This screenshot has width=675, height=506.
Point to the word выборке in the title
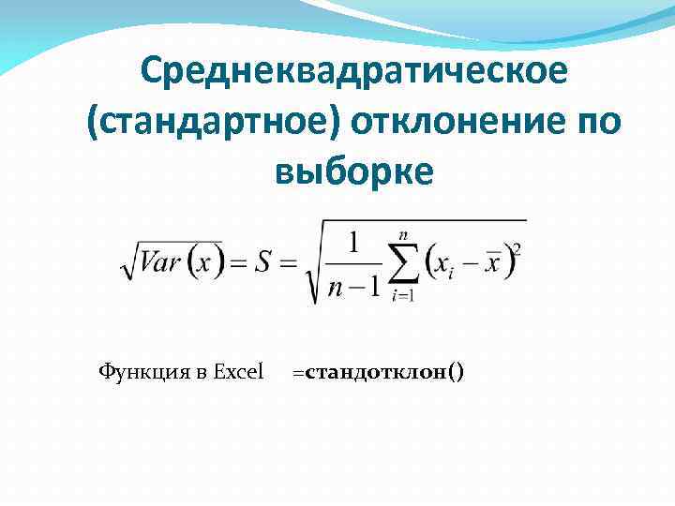pyautogui.click(x=355, y=172)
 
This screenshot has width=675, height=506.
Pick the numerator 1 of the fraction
pyautogui.click(x=353, y=243)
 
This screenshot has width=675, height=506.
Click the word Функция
pyautogui.click(x=141, y=372)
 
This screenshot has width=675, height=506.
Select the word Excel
pyautogui.click(x=239, y=372)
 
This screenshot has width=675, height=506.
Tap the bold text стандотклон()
pyautogui.click(x=383, y=372)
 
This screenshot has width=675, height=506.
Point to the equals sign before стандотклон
pyautogui.click(x=297, y=373)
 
